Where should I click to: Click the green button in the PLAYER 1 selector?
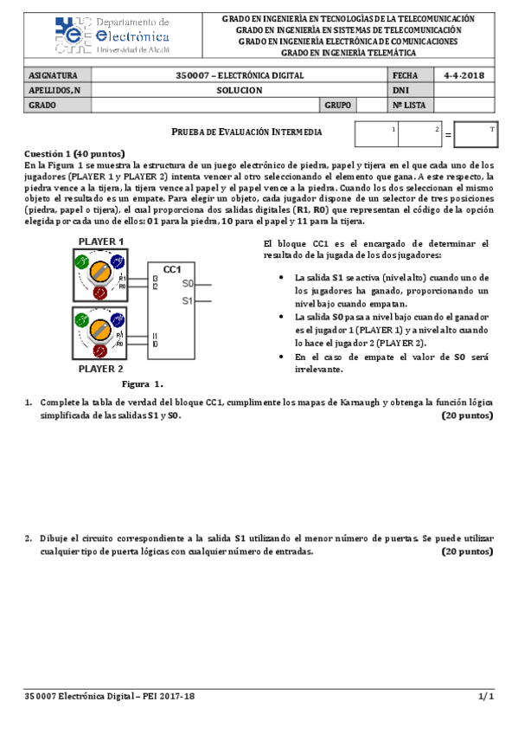(x=82, y=261)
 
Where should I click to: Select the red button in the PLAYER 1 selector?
(x=99, y=293)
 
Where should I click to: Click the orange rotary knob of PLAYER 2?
(x=101, y=330)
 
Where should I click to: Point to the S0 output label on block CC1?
(x=188, y=284)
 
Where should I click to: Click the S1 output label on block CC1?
(x=188, y=301)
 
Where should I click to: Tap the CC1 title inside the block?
(x=171, y=269)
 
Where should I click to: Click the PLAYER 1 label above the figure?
(x=101, y=241)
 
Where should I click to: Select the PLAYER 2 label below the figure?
(x=101, y=368)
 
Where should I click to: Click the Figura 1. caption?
(x=143, y=383)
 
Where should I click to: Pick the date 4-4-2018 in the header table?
(x=462, y=75)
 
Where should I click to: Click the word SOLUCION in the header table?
(x=234, y=90)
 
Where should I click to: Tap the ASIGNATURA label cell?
(x=54, y=75)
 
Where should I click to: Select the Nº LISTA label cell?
(x=410, y=105)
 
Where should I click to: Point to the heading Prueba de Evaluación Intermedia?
(x=247, y=132)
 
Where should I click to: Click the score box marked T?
(x=475, y=135)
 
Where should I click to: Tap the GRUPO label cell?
(x=338, y=105)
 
